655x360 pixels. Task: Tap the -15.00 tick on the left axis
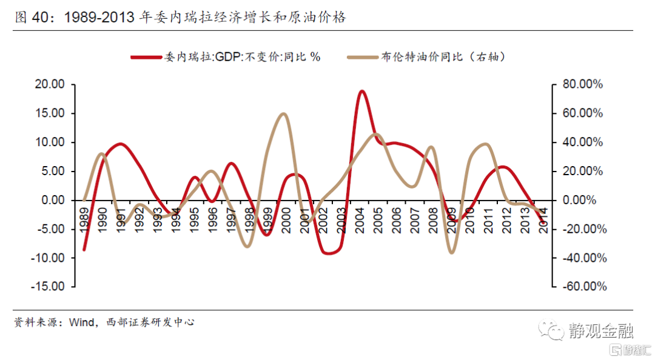[49, 287]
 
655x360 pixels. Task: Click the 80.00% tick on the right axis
[582, 84]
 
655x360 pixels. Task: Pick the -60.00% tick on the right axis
[582, 287]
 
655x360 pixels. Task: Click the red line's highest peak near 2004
[362, 92]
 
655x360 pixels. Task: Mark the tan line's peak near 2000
[283, 114]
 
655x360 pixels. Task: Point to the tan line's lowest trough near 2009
[451, 252]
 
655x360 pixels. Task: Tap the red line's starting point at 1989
[84, 249]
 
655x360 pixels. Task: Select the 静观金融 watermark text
[601, 330]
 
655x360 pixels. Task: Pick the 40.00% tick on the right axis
[582, 142]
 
